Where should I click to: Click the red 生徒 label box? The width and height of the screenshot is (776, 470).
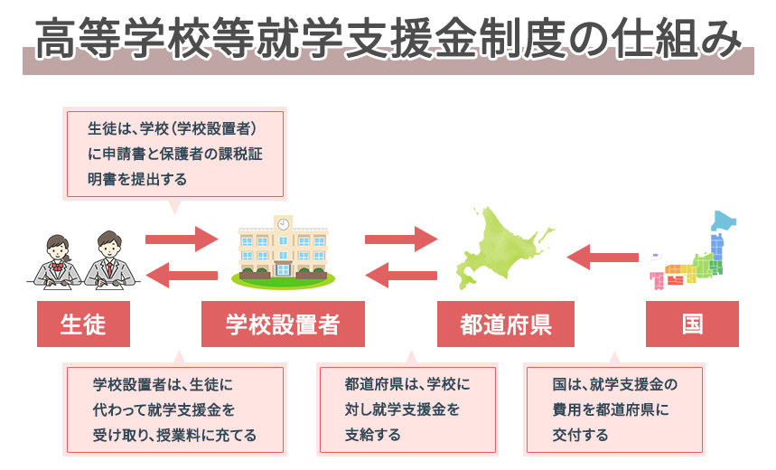pyautogui.click(x=83, y=324)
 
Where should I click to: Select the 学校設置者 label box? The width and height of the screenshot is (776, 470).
pyautogui.click(x=283, y=324)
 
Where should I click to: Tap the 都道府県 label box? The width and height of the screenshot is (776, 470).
pyautogui.click(x=505, y=324)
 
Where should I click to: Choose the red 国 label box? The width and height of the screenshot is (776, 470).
pyautogui.click(x=692, y=324)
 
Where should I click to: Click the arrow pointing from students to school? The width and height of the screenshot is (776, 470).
pyautogui.click(x=182, y=240)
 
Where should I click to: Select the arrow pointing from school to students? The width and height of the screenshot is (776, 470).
pyautogui.click(x=182, y=276)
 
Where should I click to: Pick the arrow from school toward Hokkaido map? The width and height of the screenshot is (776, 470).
pyautogui.click(x=401, y=240)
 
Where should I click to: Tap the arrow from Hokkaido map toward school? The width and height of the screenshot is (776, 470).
pyautogui.click(x=401, y=276)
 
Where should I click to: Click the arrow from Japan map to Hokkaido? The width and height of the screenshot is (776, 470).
pyautogui.click(x=603, y=257)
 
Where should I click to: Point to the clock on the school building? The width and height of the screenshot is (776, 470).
pyautogui.click(x=283, y=224)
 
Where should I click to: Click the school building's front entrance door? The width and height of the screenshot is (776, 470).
pyautogui.click(x=283, y=269)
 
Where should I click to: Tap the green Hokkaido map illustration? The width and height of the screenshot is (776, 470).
pyautogui.click(x=504, y=248)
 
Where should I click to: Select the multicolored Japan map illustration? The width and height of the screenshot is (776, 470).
pyautogui.click(x=693, y=250)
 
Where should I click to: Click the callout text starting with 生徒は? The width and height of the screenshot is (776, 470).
pyautogui.click(x=174, y=154)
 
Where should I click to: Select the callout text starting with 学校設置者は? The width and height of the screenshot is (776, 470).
pyautogui.click(x=174, y=410)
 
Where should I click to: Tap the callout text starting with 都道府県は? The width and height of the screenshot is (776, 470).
pyautogui.click(x=407, y=409)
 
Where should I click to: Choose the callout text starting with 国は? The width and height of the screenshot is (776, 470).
pyautogui.click(x=614, y=409)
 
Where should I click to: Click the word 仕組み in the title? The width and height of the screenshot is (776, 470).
pyautogui.click(x=676, y=38)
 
